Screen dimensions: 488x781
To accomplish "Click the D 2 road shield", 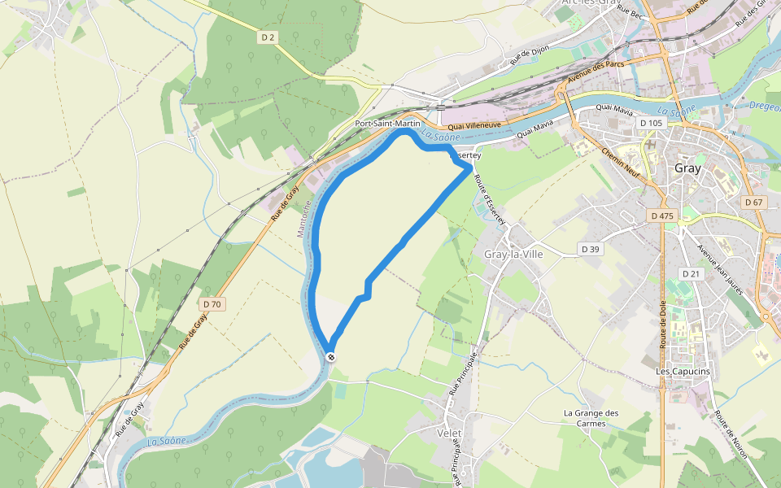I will tap(268, 37).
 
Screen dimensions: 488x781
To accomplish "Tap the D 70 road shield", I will tap(212, 304).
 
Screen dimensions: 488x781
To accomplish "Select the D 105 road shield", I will tap(652, 123).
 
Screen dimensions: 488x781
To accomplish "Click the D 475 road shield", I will tap(663, 216).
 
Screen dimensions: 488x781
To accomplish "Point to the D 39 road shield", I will tap(590, 248).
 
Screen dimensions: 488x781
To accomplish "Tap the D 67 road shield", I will tap(753, 202).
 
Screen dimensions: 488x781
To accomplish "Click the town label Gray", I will tap(688, 168).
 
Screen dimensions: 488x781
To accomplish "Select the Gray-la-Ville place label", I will tap(513, 254).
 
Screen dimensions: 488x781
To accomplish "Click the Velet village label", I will tap(449, 433).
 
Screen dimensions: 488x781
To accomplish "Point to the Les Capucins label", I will tap(683, 372).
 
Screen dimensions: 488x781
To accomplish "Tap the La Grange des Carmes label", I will tap(591, 418).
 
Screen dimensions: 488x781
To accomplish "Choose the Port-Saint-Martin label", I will tap(387, 124).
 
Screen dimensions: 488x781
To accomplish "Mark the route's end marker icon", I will tap(330, 356).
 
